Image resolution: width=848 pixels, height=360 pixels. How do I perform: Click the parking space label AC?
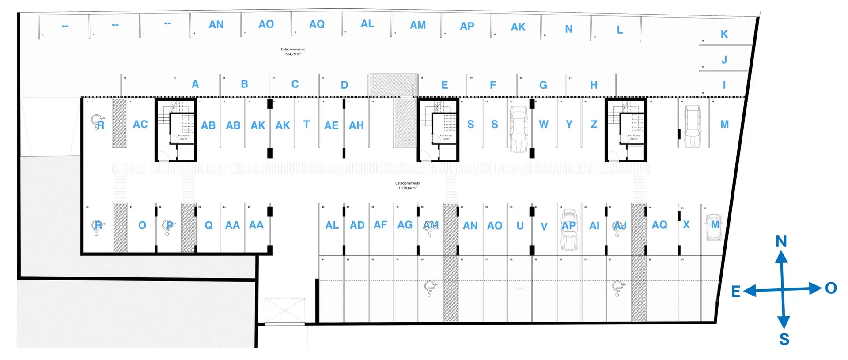coord(140,125)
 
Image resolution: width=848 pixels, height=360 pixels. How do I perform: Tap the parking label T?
coord(307,125)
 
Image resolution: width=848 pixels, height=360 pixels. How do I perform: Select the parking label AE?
coord(331,125)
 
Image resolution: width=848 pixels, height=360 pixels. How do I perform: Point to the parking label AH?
coord(356,125)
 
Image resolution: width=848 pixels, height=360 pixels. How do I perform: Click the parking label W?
coord(544,125)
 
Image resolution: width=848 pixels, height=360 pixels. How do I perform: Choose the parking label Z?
coord(594,125)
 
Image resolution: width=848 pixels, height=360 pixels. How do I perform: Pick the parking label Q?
coord(208,225)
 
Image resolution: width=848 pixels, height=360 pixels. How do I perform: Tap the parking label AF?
coord(380,225)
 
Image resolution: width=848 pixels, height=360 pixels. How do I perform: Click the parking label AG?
coord(405,225)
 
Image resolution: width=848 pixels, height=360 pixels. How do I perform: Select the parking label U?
coord(520,226)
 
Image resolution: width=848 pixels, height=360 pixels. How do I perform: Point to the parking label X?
coord(686,225)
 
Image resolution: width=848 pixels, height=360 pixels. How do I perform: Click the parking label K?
coord(724,34)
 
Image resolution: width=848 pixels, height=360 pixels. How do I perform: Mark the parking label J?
coord(724,60)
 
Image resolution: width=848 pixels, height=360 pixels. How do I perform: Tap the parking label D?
coord(344,85)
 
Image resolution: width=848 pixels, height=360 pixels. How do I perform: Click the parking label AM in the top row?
coord(418,25)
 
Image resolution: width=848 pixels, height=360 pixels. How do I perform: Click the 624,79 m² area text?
coord(293,54)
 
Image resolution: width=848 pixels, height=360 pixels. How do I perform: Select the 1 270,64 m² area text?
coord(408,188)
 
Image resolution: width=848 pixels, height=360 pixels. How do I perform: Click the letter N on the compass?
coord(781,241)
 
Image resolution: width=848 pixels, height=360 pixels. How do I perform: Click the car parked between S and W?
coord(519,129)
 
